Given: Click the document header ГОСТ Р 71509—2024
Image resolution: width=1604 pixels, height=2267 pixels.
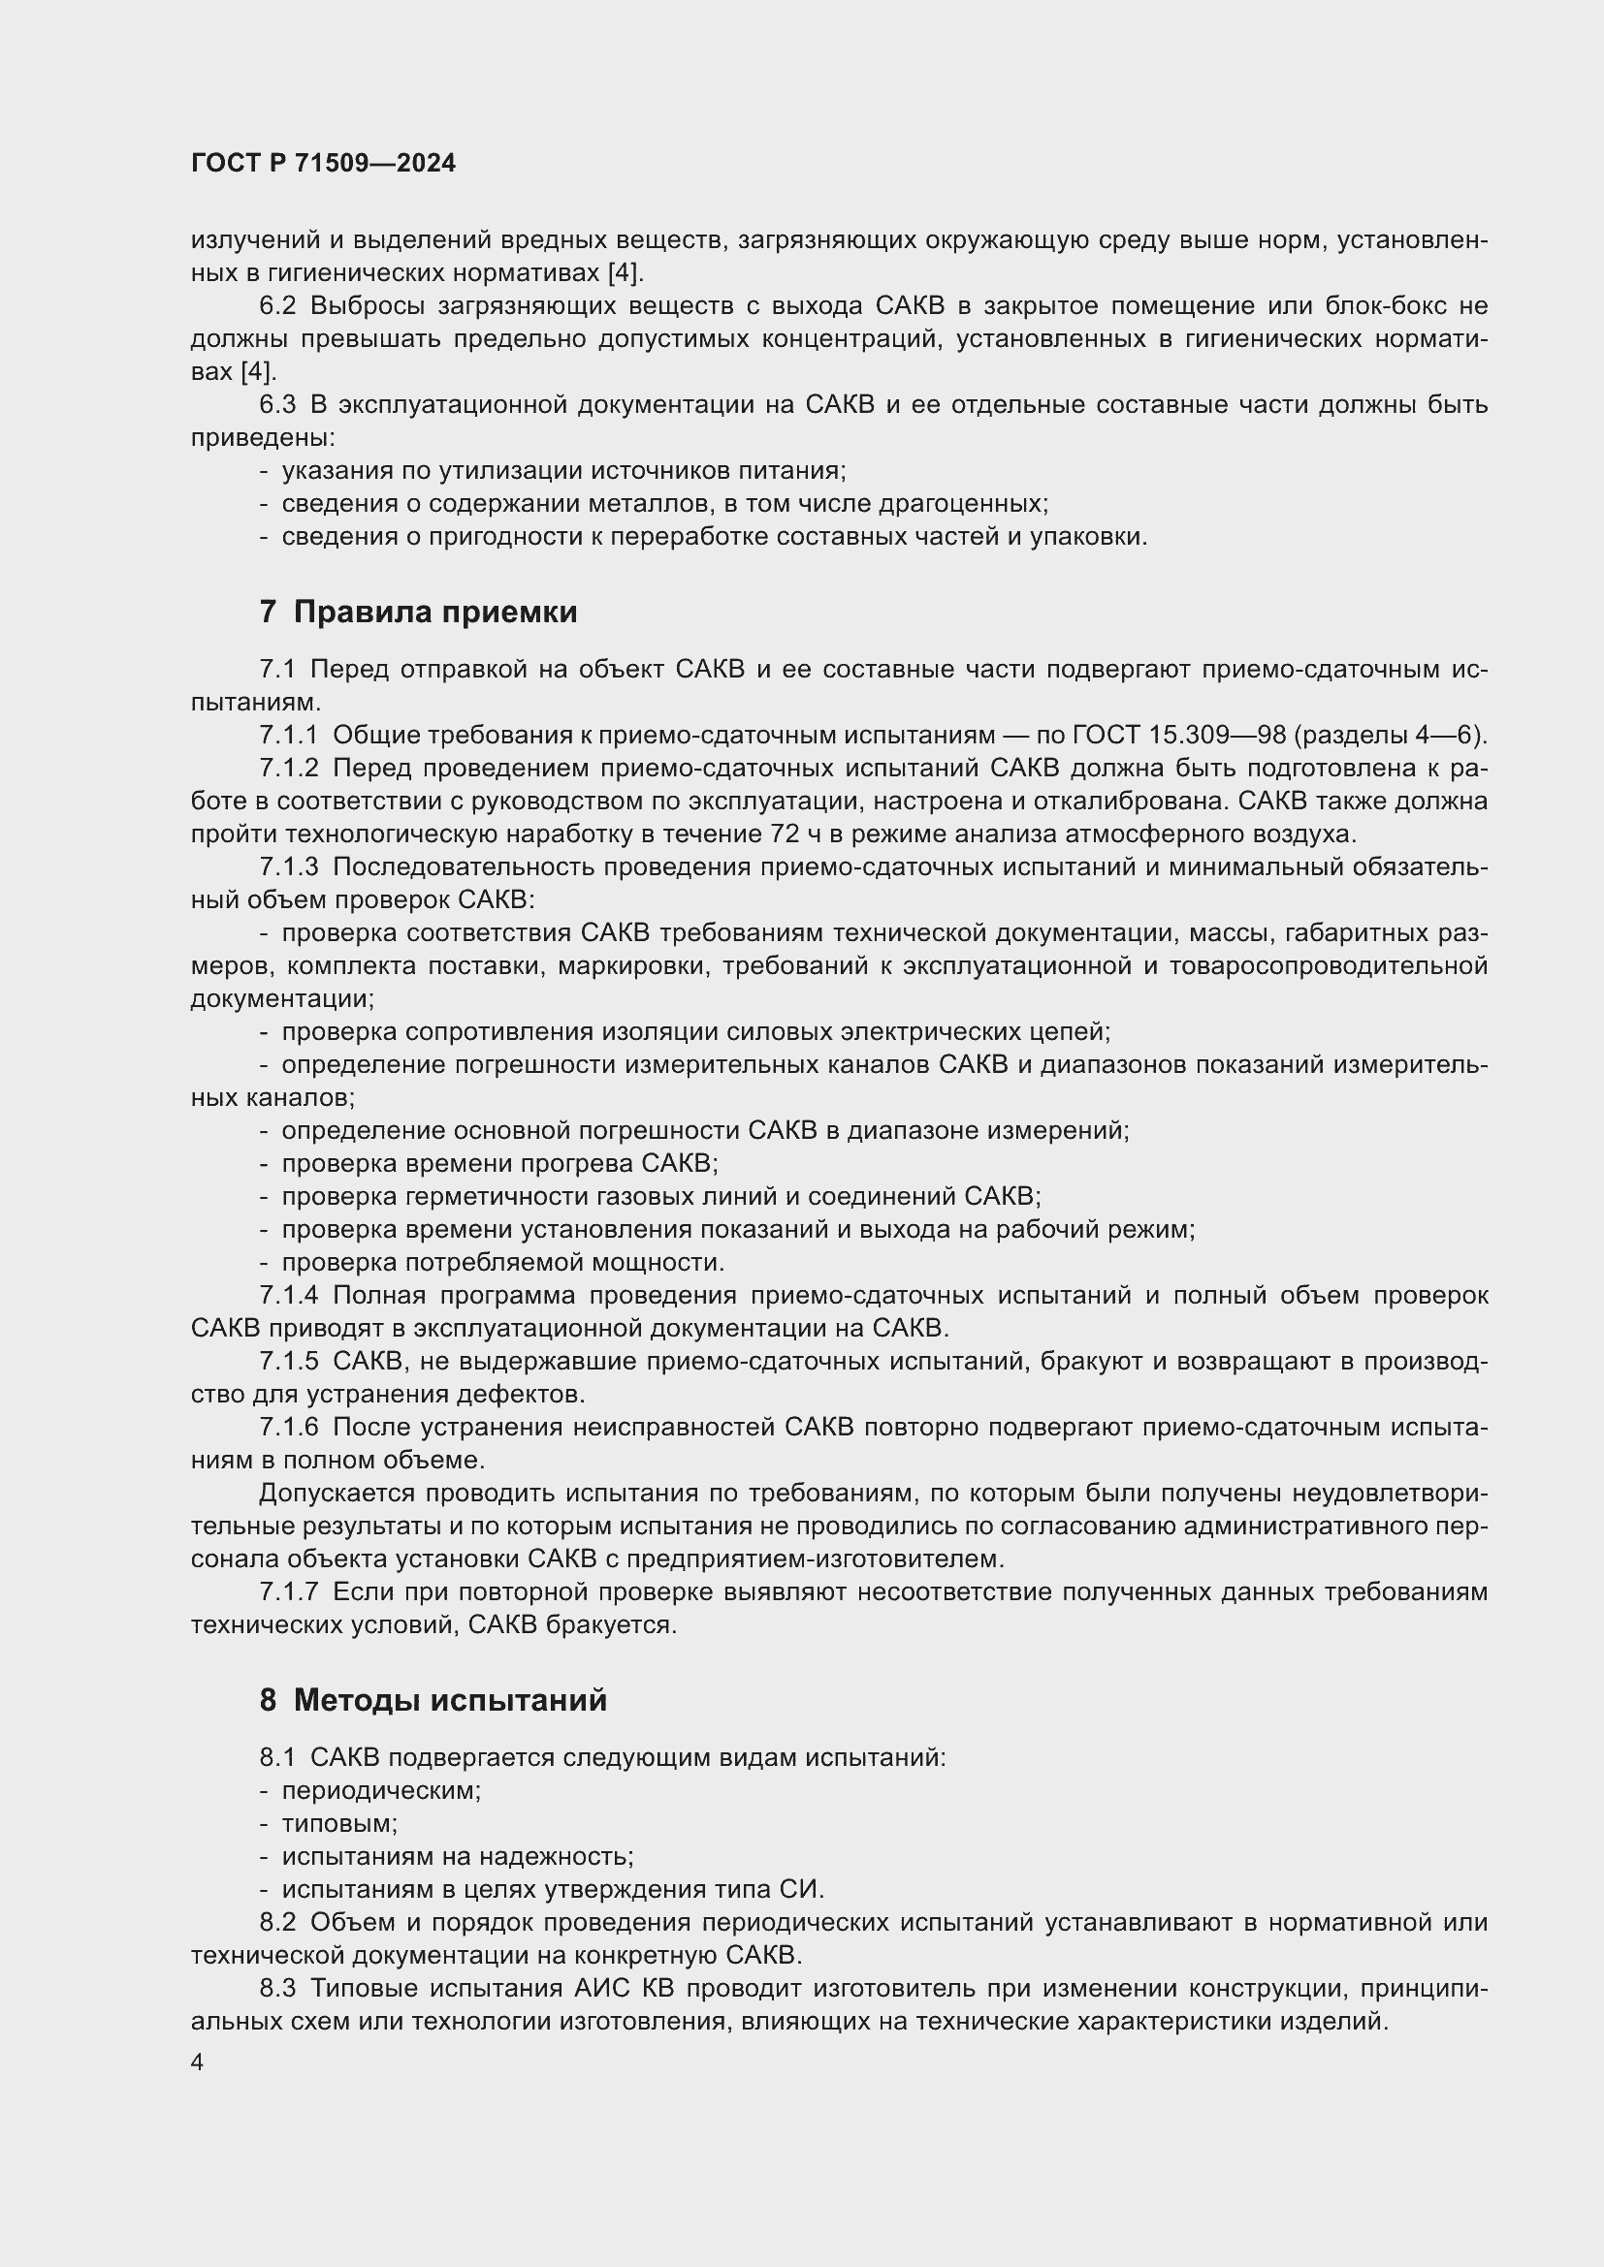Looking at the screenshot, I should coord(323,164).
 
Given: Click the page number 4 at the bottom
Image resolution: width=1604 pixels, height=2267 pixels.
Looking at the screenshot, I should coord(198,2062).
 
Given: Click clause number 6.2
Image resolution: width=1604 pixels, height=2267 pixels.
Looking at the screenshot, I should coord(277,306).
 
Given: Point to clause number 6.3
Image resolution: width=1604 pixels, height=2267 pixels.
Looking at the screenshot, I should coord(277,405).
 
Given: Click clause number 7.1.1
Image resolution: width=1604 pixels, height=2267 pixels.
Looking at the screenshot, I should coord(289,736).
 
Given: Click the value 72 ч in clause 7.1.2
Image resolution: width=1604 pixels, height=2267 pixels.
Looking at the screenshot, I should coord(789,834).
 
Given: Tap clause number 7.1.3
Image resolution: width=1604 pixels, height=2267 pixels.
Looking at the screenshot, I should coord(289,867).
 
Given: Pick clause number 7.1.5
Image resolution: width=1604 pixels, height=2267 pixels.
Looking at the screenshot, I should coord(289,1363).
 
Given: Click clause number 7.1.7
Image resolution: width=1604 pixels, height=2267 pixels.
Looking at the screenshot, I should coord(289,1592).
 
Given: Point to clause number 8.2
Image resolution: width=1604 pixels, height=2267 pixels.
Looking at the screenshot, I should coord(277,1922).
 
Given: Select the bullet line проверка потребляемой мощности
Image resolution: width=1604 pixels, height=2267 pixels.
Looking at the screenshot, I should coord(502,1263).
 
